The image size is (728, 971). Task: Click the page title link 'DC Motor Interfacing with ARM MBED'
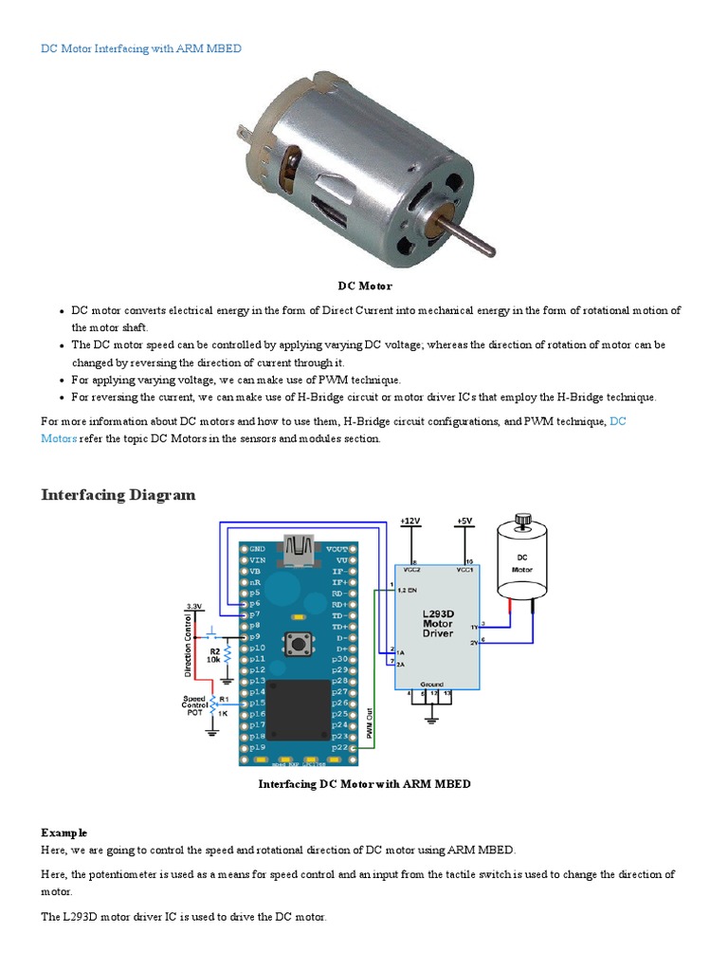pos(141,48)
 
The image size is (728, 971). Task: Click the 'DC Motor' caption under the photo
pos(365,285)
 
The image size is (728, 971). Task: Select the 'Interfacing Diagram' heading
pos(118,494)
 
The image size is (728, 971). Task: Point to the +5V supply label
pos(464,522)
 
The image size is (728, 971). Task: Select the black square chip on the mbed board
pos(302,710)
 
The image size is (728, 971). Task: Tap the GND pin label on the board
pos(257,549)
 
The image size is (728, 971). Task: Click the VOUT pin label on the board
pos(337,549)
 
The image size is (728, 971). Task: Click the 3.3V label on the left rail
pos(194,605)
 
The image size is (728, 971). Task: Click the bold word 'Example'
pos(64,833)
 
